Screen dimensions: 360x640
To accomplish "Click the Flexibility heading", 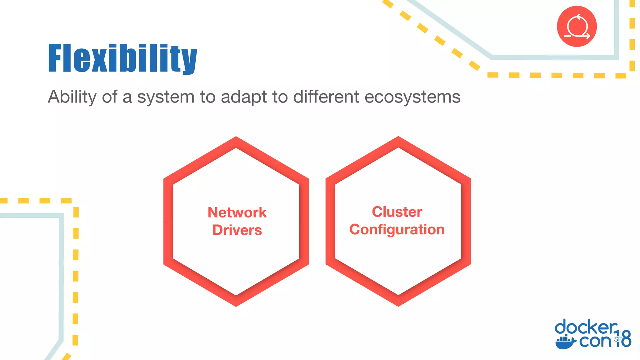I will [122, 58].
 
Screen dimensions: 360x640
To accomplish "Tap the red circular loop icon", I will [577, 26].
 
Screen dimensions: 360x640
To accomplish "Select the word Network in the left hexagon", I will [237, 212].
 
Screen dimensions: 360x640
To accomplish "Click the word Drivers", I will [237, 230].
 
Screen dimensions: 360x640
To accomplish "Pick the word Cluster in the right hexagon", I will [397, 212].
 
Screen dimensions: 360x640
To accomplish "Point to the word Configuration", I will [397, 230].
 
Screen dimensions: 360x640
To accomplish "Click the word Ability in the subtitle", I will [72, 97].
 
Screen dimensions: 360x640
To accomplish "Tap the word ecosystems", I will [412, 97].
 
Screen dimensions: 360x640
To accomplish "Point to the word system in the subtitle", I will [166, 97].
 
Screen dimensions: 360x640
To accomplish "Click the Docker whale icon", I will [565, 342].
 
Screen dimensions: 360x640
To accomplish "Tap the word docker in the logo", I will [586, 327].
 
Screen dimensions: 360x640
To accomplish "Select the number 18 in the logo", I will [624, 339].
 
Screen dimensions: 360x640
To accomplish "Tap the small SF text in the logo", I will [618, 339].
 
